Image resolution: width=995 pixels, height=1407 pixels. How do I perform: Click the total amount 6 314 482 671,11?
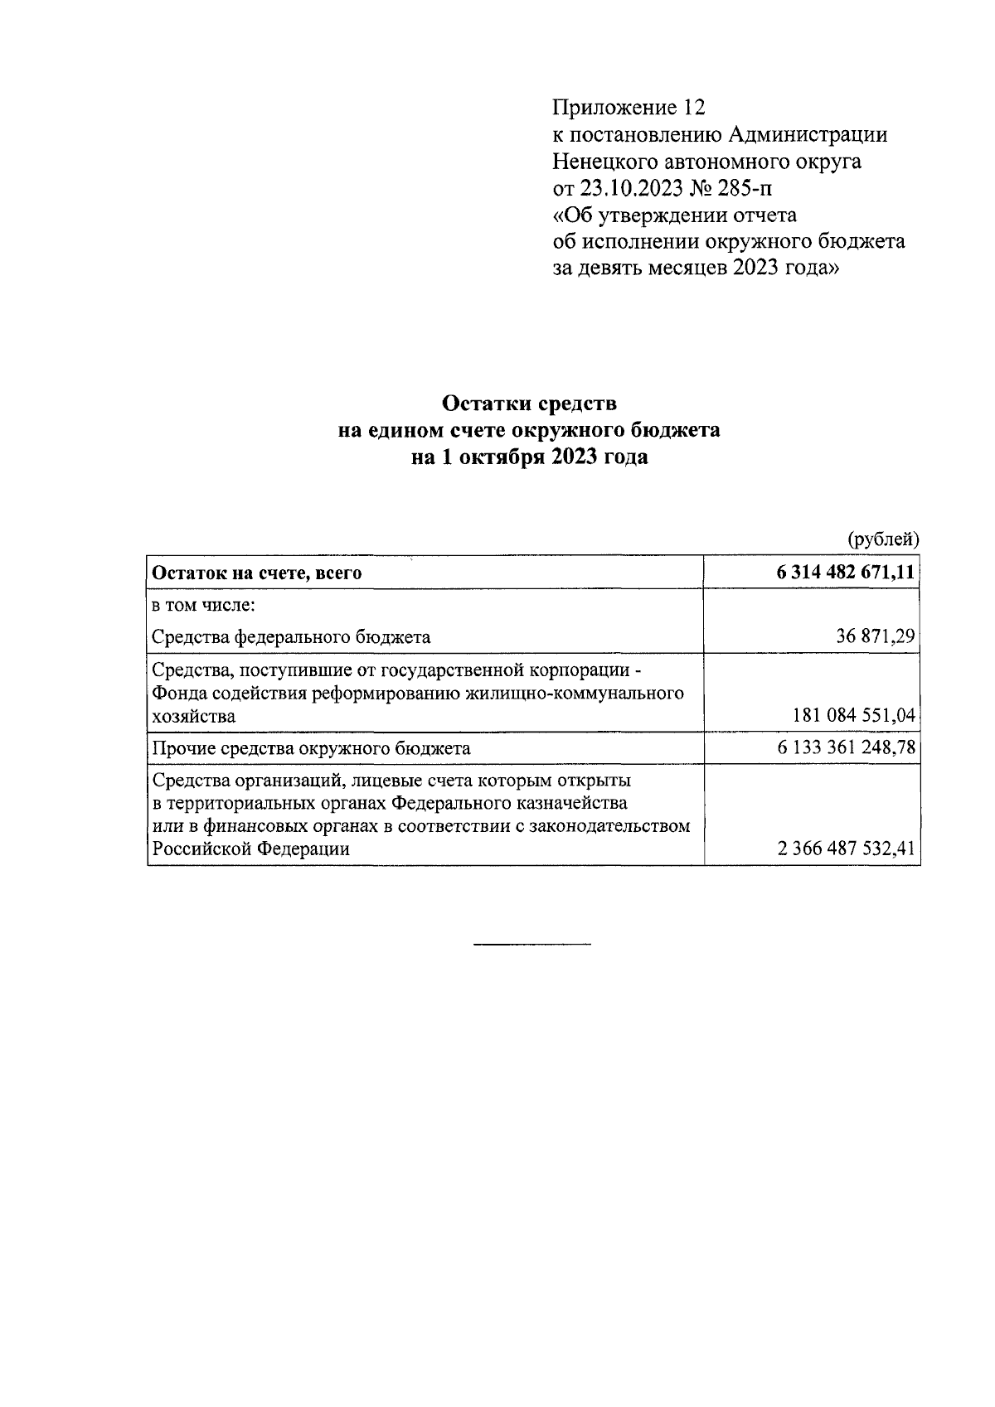846,573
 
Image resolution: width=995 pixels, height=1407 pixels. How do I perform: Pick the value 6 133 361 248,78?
846,747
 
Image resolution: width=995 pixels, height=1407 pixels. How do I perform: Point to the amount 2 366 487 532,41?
846,849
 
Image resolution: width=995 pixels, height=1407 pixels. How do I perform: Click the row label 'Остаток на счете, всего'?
257,573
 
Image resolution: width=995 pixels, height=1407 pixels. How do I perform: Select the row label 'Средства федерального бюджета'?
291,636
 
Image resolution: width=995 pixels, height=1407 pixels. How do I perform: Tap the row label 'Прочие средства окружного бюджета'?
311,747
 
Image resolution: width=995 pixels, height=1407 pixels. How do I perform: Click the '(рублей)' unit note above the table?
882,539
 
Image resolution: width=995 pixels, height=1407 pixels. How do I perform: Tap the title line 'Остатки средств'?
530,404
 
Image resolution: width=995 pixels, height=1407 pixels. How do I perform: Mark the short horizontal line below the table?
531,944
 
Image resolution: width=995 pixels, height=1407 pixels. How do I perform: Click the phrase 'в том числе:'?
203,605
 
